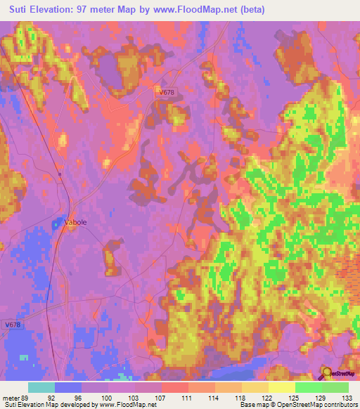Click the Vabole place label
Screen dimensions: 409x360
click(75, 222)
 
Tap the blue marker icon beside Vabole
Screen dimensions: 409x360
click(57, 223)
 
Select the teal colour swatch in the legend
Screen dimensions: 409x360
click(41, 387)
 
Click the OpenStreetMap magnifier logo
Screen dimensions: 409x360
click(326, 372)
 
